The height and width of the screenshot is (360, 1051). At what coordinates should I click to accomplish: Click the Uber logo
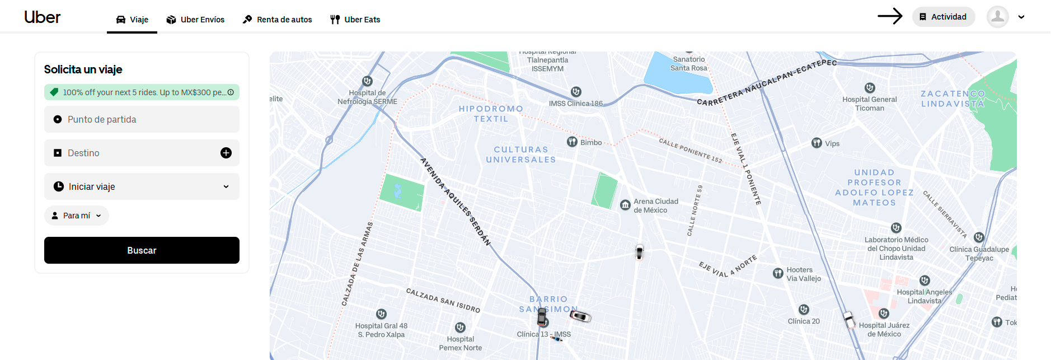[x=43, y=17]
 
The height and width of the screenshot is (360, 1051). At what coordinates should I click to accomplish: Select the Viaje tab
[x=132, y=20]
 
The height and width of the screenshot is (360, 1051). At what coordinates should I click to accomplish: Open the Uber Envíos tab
[x=195, y=20]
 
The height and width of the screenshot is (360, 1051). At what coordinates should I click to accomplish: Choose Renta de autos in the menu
[x=278, y=20]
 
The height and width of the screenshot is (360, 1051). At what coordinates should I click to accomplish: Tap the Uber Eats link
[x=355, y=20]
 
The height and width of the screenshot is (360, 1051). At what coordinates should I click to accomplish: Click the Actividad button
[x=944, y=17]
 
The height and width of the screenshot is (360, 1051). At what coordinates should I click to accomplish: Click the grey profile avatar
[x=997, y=17]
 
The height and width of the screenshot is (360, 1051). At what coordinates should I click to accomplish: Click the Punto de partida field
[x=142, y=119]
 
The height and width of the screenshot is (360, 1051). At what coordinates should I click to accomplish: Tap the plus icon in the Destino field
[x=226, y=153]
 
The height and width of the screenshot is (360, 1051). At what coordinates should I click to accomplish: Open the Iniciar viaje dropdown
[x=142, y=186]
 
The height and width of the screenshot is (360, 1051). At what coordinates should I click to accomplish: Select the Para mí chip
[x=77, y=216]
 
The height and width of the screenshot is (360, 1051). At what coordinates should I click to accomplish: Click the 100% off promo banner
[x=142, y=92]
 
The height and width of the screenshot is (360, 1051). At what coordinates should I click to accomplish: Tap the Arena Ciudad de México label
[x=655, y=205]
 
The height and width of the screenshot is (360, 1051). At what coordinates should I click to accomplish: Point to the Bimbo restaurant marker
[x=572, y=142]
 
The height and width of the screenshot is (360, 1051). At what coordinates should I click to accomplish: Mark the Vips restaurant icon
[x=817, y=143]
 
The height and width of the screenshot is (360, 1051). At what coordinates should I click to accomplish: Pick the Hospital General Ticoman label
[x=870, y=104]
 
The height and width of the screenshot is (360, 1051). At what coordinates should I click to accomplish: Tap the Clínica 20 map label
[x=804, y=321]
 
